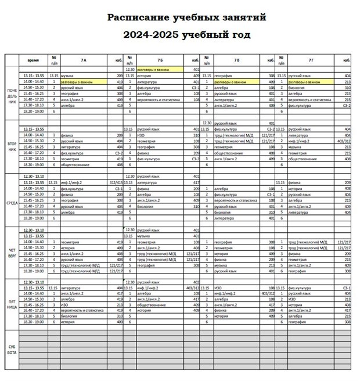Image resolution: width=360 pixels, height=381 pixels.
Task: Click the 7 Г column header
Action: (x=312, y=60)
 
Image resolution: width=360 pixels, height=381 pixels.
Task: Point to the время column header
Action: (x=33, y=60)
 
